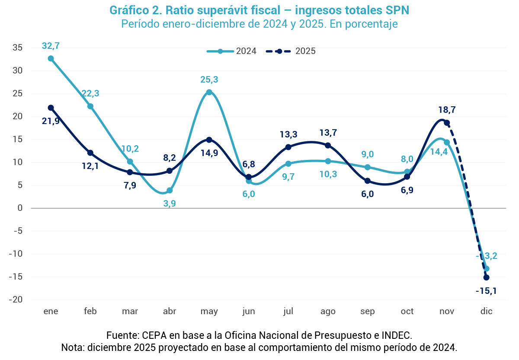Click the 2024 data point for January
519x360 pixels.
tap(51, 58)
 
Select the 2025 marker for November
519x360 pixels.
tap(447, 123)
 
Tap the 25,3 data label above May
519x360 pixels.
tap(209, 80)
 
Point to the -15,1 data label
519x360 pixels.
tap(486, 291)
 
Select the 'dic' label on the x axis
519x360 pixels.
tap(486, 312)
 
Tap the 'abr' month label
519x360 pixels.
tap(169, 312)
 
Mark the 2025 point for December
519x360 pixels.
tap(486, 277)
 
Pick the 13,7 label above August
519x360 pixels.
tap(328, 133)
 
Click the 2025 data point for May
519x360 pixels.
tap(209, 140)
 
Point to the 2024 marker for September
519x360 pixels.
tap(368, 167)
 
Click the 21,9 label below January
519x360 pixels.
tap(50, 121)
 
